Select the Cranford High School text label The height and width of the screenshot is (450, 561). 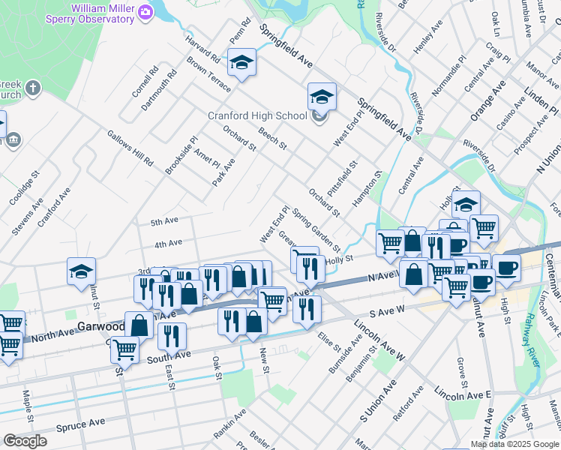(x=257, y=115)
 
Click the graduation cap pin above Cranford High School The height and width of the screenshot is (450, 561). (x=322, y=97)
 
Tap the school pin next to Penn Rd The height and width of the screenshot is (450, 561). (x=242, y=62)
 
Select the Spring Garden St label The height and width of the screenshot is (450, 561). (x=316, y=229)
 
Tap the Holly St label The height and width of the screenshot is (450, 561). (x=340, y=259)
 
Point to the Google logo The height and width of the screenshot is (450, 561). (x=25, y=441)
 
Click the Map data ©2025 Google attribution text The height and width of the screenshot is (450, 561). (x=514, y=444)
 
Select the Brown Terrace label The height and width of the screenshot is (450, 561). (x=209, y=75)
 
